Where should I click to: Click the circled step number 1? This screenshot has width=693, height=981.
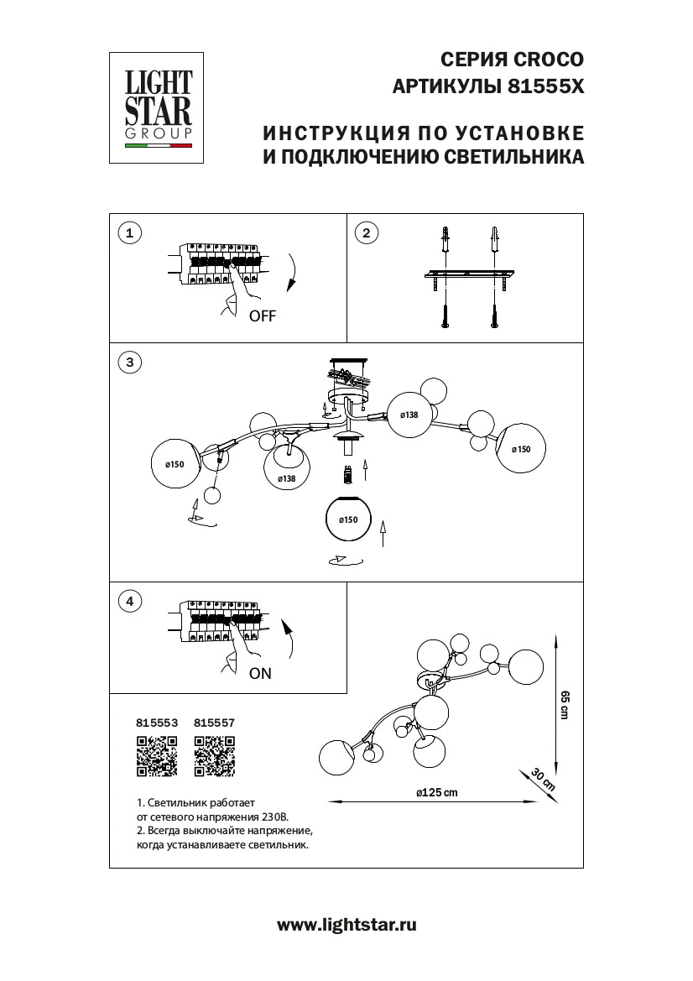coord(128,232)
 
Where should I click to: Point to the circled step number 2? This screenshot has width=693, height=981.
coord(365,232)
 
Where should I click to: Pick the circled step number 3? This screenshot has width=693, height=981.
coord(128,363)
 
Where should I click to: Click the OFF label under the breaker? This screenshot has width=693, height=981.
coord(261,316)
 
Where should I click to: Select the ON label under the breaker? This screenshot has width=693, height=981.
coord(260,672)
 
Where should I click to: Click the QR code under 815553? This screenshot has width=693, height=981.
coord(156,754)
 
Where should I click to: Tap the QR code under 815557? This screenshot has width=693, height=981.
coord(214,754)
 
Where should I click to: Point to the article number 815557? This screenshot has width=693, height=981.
coord(214,721)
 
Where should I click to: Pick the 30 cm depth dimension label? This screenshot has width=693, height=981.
coord(544,780)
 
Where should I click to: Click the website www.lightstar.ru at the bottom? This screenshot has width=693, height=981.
coord(346,925)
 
